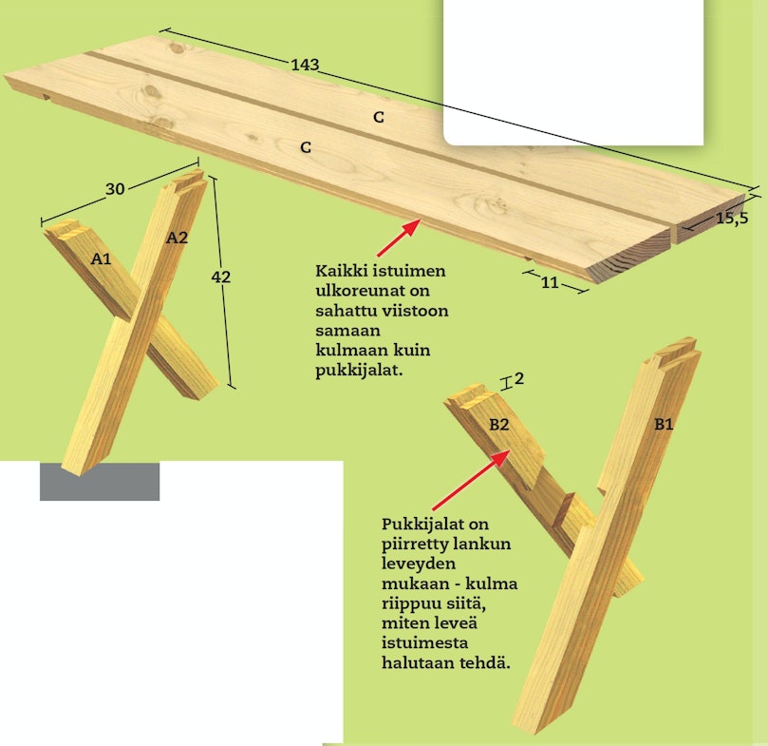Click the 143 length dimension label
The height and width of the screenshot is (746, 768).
305,65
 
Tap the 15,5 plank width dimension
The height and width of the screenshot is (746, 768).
732,219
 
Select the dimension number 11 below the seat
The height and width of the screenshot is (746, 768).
550,282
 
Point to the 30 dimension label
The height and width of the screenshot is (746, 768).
115,189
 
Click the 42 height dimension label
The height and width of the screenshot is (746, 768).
220,277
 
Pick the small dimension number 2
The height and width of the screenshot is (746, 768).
519,378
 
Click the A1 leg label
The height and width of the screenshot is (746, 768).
102,258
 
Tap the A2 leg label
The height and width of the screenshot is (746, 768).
177,238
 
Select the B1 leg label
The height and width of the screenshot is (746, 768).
664,424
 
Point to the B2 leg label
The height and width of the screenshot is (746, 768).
499,424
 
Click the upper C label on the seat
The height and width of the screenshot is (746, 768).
378,117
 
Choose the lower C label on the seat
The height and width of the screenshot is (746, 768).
306,147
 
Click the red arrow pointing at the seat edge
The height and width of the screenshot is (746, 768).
399,238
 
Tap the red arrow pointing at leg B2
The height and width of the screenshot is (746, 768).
472,480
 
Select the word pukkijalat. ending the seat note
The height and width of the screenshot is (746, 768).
359,371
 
